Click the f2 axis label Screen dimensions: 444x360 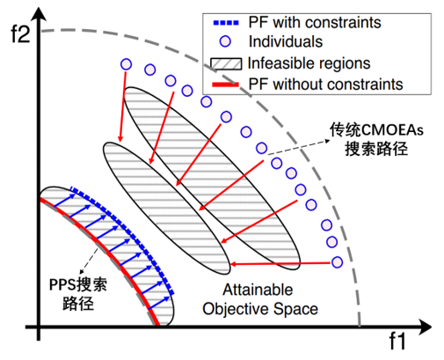(x=20, y=34)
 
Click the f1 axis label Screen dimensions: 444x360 (x=397, y=341)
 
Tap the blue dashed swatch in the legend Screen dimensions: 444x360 (x=226, y=23)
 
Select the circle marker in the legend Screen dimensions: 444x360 (x=225, y=41)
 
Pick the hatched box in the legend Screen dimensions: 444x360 (x=226, y=63)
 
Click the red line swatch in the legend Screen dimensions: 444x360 (x=225, y=84)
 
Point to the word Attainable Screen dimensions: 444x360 (x=258, y=290)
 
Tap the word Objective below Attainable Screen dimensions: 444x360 (x=236, y=309)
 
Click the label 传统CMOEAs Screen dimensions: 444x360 (x=376, y=129)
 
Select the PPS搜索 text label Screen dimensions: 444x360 (x=78, y=284)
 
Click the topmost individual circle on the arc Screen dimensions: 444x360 (x=126, y=64)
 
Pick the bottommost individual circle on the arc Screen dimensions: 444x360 (x=337, y=262)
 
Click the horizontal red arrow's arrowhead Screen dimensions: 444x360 (x=234, y=264)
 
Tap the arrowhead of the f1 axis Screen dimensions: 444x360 (x=426, y=327)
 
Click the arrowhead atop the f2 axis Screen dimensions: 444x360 (x=39, y=13)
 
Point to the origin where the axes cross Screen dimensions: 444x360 (x=39, y=327)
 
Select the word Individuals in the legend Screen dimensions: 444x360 (x=286, y=41)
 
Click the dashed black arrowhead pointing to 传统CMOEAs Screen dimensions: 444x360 (x=327, y=142)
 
